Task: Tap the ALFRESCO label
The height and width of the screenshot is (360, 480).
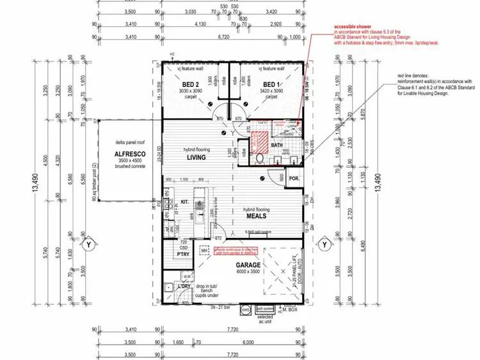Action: coord(128,155)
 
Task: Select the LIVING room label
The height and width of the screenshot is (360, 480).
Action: coord(196,157)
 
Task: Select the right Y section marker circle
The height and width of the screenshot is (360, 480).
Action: coord(324,244)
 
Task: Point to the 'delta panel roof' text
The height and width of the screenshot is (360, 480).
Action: coord(128,143)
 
